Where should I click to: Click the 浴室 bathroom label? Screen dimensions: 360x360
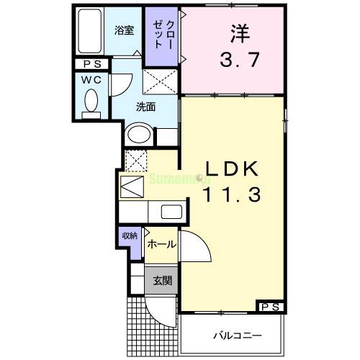[124, 30]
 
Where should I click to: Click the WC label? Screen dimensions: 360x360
[91, 78]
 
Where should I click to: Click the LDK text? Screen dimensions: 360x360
[232, 168]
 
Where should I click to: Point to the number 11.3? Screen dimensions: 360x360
[232, 193]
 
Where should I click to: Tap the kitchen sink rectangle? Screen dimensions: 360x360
[171, 212]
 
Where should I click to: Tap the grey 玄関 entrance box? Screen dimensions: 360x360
[162, 281]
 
